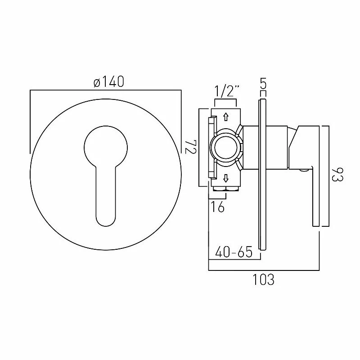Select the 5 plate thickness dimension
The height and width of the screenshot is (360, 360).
pos(263,83)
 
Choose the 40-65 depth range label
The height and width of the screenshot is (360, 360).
pos(233,251)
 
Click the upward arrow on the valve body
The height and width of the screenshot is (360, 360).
pos(226,117)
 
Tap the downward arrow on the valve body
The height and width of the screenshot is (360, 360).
pos(226,177)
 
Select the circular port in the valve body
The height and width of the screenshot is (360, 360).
pos(226,147)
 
